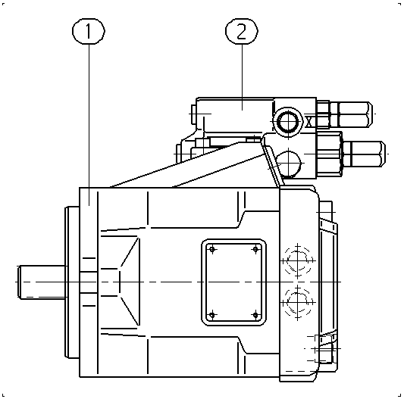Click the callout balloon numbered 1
pos(89,31)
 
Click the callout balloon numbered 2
pos(242,31)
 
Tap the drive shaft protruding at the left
pos(42,282)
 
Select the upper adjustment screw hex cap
pos(355,114)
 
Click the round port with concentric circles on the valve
pos(288,122)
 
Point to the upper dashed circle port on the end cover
pos(298,260)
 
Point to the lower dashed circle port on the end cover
pos(298,303)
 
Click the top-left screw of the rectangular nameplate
pos(212,249)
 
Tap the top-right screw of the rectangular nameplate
pos(255,249)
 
